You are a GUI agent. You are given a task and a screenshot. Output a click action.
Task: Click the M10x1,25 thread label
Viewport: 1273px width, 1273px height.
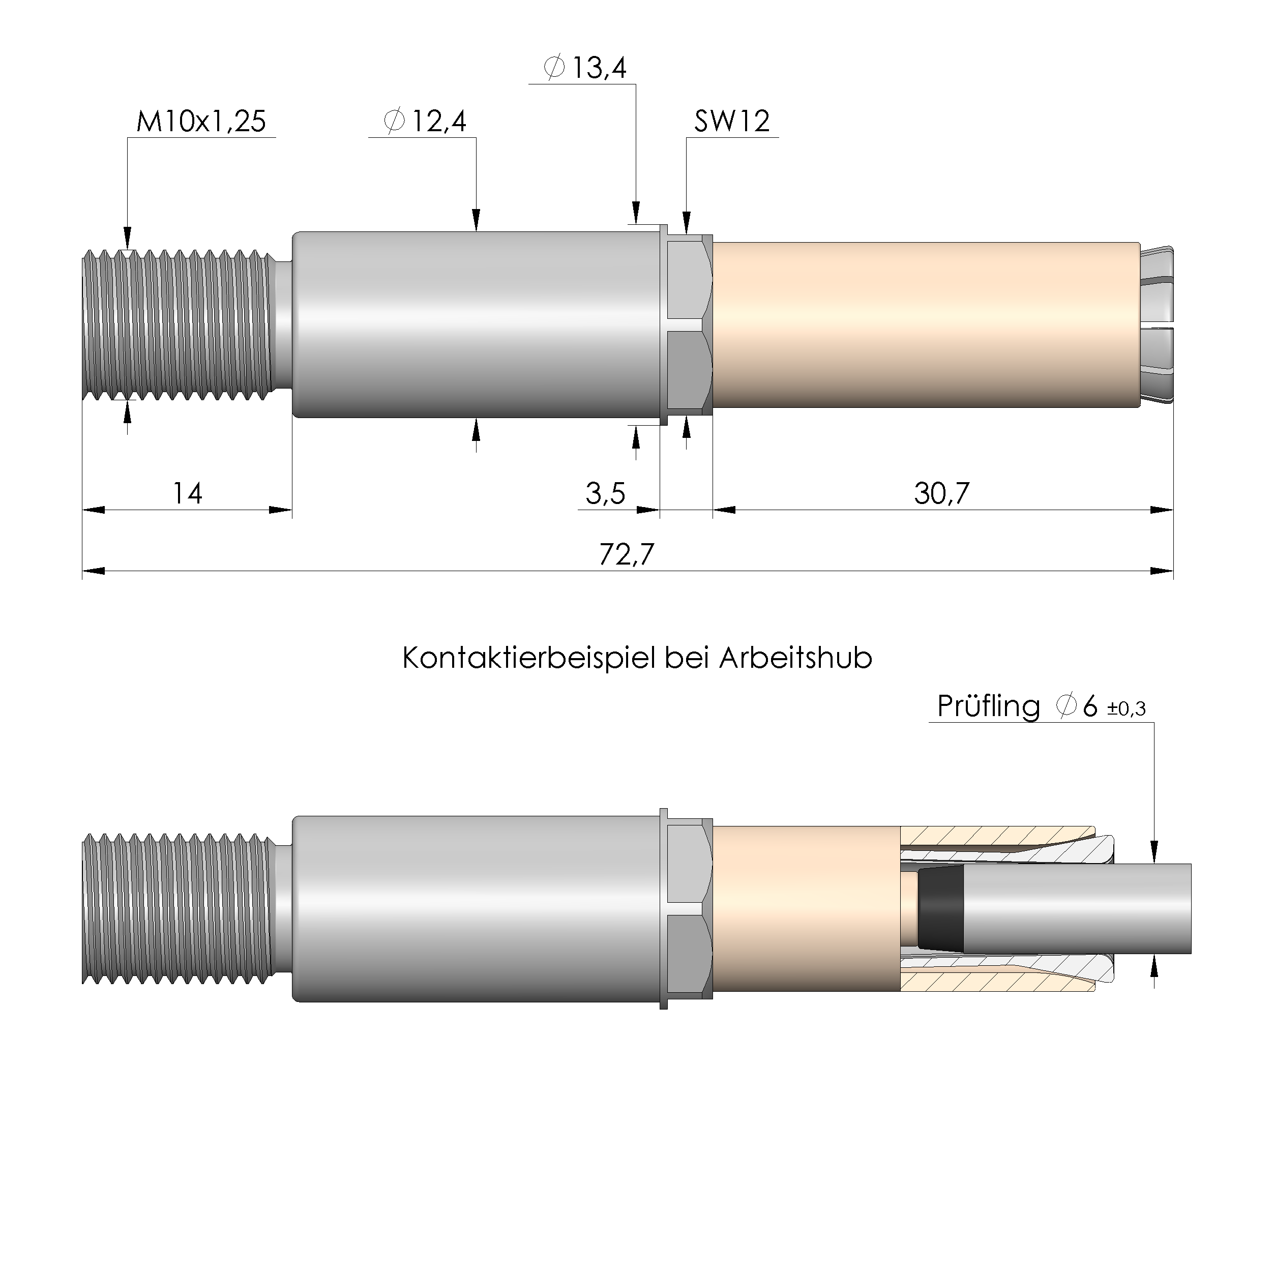[201, 122]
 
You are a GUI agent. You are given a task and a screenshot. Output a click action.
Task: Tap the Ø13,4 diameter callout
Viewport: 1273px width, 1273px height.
[584, 68]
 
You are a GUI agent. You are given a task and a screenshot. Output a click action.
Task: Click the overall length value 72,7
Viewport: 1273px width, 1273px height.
[626, 555]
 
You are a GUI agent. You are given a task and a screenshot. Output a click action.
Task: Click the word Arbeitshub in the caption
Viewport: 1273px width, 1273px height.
[795, 658]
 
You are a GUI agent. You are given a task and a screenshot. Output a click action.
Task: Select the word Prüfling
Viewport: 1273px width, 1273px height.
[988, 707]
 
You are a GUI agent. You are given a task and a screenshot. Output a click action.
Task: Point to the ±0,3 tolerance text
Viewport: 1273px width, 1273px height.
[1126, 709]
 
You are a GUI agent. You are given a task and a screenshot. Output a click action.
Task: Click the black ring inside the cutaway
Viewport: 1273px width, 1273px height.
[940, 910]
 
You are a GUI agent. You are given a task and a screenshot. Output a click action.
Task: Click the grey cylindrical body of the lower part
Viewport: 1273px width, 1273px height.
[475, 909]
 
